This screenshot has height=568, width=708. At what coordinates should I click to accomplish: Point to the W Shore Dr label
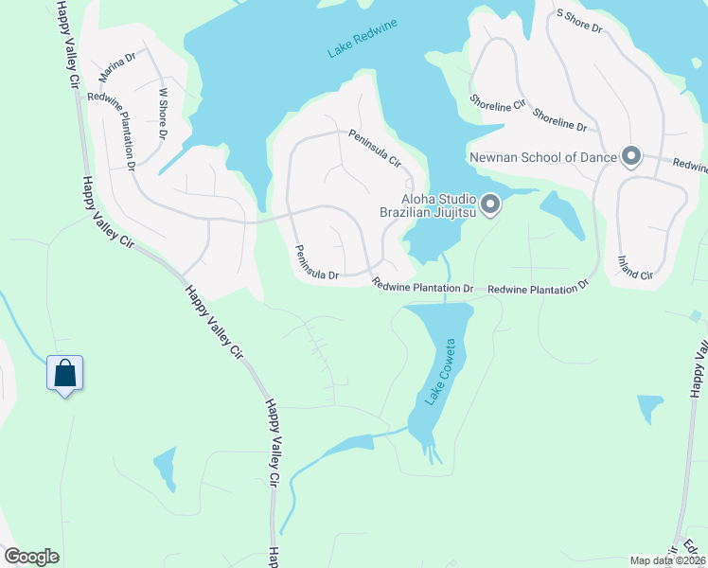point(163,115)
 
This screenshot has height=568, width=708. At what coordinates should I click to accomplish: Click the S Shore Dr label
point(579,21)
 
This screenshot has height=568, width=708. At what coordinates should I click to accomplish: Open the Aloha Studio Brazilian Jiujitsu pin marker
point(489,204)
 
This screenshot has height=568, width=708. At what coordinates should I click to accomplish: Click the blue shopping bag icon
point(64,374)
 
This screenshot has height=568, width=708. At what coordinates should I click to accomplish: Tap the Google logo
point(31,557)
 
